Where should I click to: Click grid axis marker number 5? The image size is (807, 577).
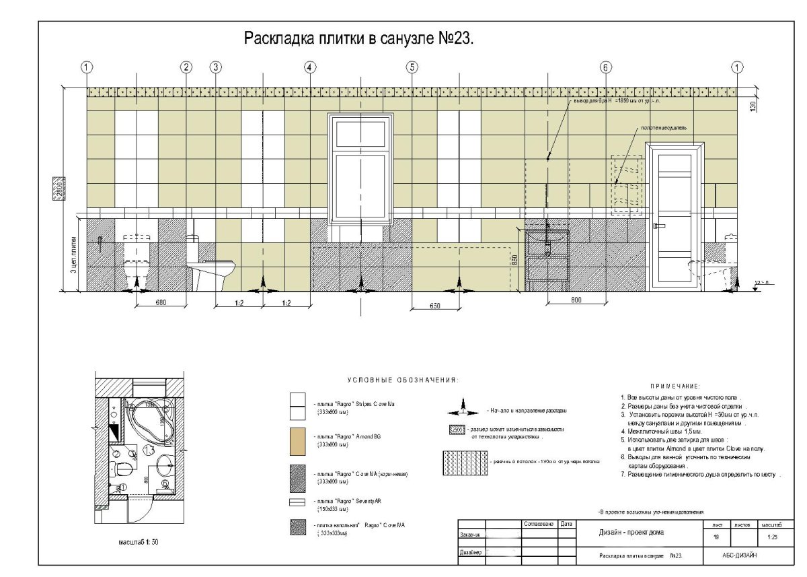tap(412, 67)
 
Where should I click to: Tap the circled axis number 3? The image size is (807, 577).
tap(215, 67)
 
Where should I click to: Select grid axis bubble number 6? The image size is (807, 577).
tap(606, 67)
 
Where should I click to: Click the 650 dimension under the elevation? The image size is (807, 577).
tap(435, 306)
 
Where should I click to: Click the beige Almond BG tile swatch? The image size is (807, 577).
tap(297, 440)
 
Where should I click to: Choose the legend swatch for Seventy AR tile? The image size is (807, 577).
tap(297, 502)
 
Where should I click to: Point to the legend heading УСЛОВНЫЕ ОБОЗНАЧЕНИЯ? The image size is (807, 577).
tap(403, 380)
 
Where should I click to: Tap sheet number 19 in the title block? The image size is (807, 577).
tap(715, 537)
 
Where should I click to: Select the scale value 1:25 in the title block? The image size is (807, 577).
tap(772, 537)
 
